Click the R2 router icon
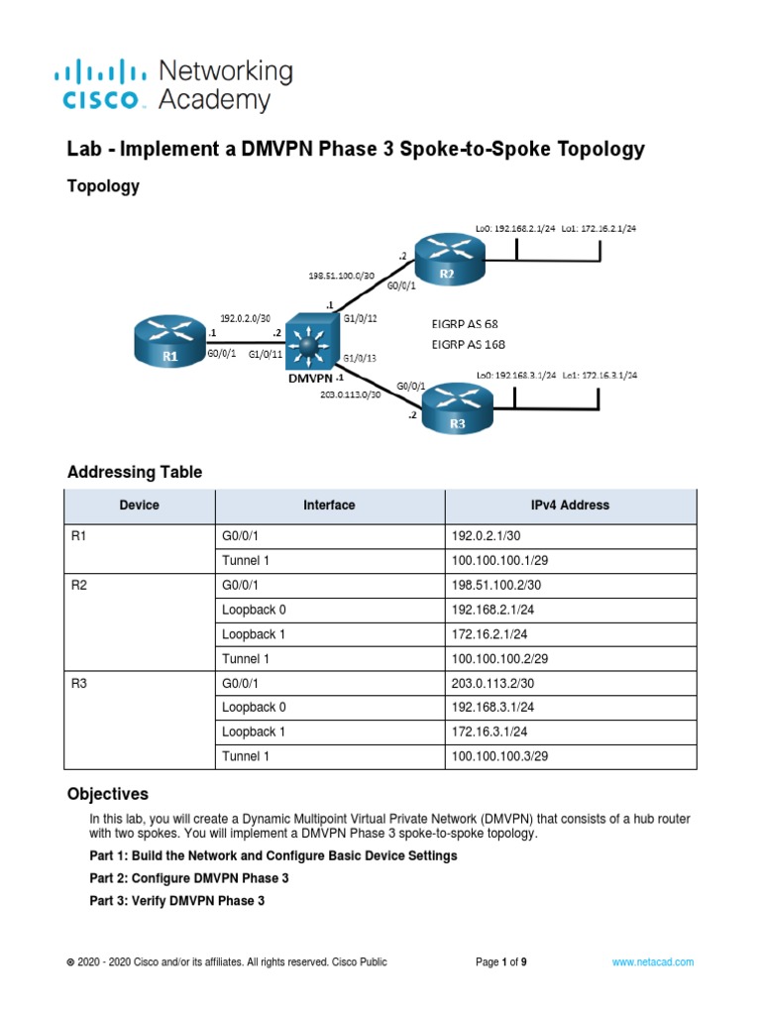pos(447,259)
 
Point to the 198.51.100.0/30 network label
pos(342,273)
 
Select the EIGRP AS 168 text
pos(469,344)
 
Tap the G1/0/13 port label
pos(359,358)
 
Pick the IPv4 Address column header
pos(570,506)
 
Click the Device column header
pos(139,506)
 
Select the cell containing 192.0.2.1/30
pos(570,537)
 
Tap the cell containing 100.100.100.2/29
pos(570,658)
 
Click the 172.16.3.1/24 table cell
pos(570,732)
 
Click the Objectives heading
pos(108,794)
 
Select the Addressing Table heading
pos(135,472)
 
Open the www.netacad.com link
pos(652,961)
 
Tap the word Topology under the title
pos(103,186)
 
